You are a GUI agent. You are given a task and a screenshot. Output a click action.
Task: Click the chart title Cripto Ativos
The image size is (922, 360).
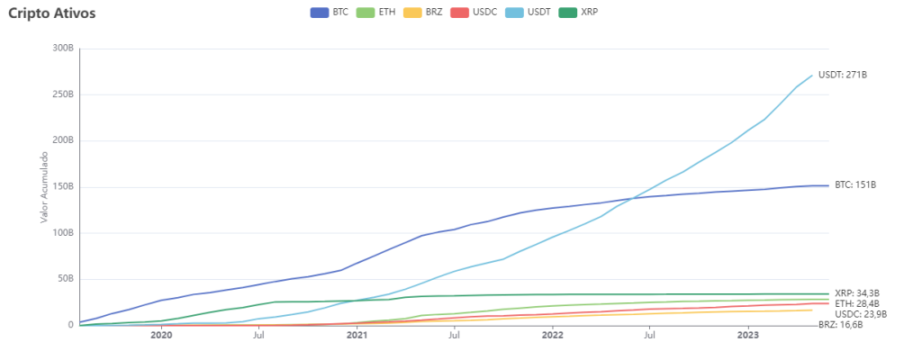(x=51, y=13)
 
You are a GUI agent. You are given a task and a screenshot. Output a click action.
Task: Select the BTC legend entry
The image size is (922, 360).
(x=330, y=13)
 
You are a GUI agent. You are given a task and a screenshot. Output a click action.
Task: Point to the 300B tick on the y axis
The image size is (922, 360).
(x=61, y=48)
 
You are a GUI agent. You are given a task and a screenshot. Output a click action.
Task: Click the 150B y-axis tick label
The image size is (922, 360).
(x=61, y=186)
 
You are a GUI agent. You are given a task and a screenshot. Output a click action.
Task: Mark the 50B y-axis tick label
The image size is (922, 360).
(x=63, y=278)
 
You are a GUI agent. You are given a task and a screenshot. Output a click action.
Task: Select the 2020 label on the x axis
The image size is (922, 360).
(x=161, y=336)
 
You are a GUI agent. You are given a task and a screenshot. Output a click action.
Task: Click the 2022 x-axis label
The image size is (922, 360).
(x=552, y=336)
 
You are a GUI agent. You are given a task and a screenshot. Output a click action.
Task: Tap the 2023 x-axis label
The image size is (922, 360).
(x=747, y=336)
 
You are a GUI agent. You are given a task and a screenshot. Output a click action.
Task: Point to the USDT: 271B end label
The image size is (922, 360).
(x=842, y=75)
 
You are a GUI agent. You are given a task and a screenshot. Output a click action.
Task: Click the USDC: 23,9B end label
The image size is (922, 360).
(x=861, y=314)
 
